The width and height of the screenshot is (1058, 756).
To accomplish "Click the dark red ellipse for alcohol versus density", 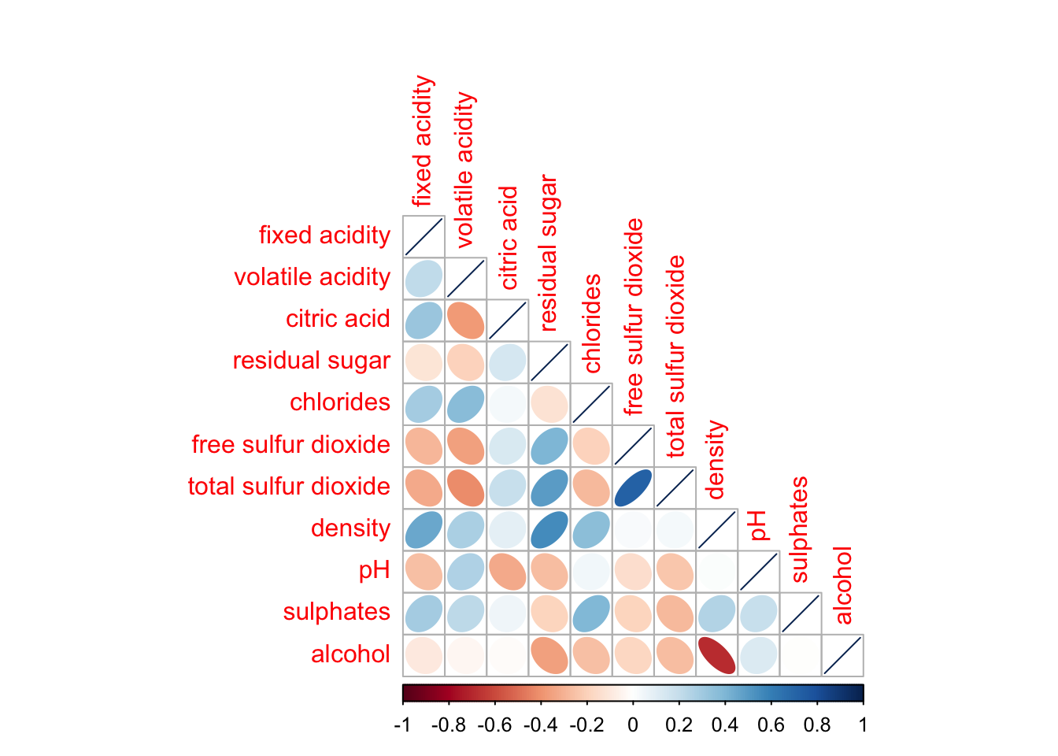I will click(716, 655).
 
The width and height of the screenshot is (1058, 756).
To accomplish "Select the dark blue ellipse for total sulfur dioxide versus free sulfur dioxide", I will click(633, 487).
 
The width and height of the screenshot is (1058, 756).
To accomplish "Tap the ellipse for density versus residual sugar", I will click(549, 529).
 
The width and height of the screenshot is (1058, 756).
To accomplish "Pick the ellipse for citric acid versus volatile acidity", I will click(465, 320).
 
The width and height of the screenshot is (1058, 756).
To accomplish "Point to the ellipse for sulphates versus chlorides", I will click(591, 613).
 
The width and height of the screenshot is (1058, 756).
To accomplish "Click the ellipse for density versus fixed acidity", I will click(424, 529).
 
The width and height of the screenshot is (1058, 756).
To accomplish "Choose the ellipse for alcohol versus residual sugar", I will click(549, 655).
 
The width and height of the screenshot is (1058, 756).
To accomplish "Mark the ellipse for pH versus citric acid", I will click(507, 572).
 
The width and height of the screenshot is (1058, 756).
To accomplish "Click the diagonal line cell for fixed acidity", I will click(424, 236).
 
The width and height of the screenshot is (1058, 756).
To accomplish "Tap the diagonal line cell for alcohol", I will click(842, 655).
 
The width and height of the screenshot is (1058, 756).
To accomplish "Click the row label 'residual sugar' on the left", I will click(311, 361).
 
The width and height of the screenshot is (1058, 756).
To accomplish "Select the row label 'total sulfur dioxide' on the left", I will click(289, 487).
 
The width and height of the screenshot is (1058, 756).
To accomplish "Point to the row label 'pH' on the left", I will click(374, 570).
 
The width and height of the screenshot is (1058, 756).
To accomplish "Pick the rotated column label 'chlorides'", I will click(592, 324).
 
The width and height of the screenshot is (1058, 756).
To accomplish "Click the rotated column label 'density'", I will click(715, 460).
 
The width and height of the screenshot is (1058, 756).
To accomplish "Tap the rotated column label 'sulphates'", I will click(799, 529).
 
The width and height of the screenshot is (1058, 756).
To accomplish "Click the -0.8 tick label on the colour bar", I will click(449, 725).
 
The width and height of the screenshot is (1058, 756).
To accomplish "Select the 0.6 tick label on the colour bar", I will click(771, 725).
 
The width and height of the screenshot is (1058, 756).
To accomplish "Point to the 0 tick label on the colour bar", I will click(633, 725).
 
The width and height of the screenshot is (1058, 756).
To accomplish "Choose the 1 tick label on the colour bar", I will click(863, 725).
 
